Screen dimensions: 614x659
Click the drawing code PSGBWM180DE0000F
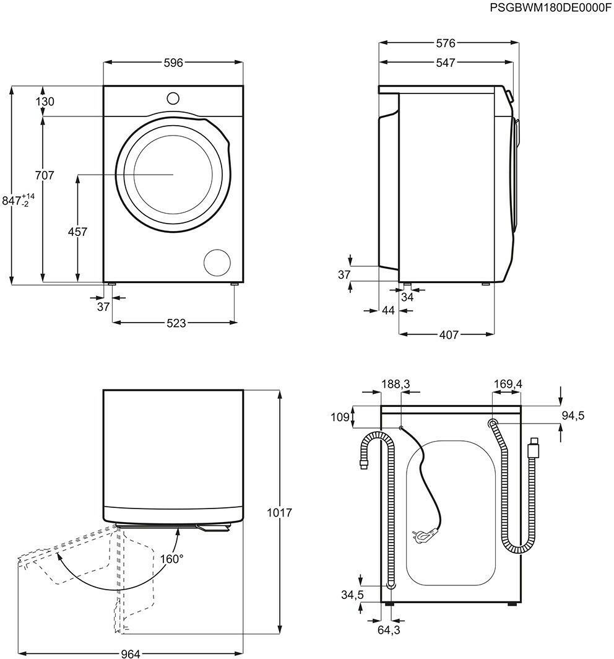point(551,8)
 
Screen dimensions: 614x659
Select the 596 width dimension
point(173,63)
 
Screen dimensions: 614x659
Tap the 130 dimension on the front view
point(45,102)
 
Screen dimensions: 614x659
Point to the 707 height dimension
point(45,175)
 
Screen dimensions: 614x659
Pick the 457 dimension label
point(77,232)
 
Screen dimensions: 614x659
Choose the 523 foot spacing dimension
point(176,323)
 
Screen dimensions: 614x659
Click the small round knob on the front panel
point(173,98)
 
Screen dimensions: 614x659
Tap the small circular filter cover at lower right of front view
point(217,263)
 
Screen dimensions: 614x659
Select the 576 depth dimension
point(446,43)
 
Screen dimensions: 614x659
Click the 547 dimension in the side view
point(446,63)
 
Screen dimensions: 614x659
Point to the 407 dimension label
point(449,334)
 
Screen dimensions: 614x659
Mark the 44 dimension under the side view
point(389,310)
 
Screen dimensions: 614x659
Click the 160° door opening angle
point(171,559)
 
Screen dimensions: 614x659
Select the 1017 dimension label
point(279,513)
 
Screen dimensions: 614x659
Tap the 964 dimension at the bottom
point(130,653)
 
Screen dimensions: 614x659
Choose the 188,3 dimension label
point(396,384)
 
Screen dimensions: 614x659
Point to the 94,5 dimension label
point(573,415)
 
